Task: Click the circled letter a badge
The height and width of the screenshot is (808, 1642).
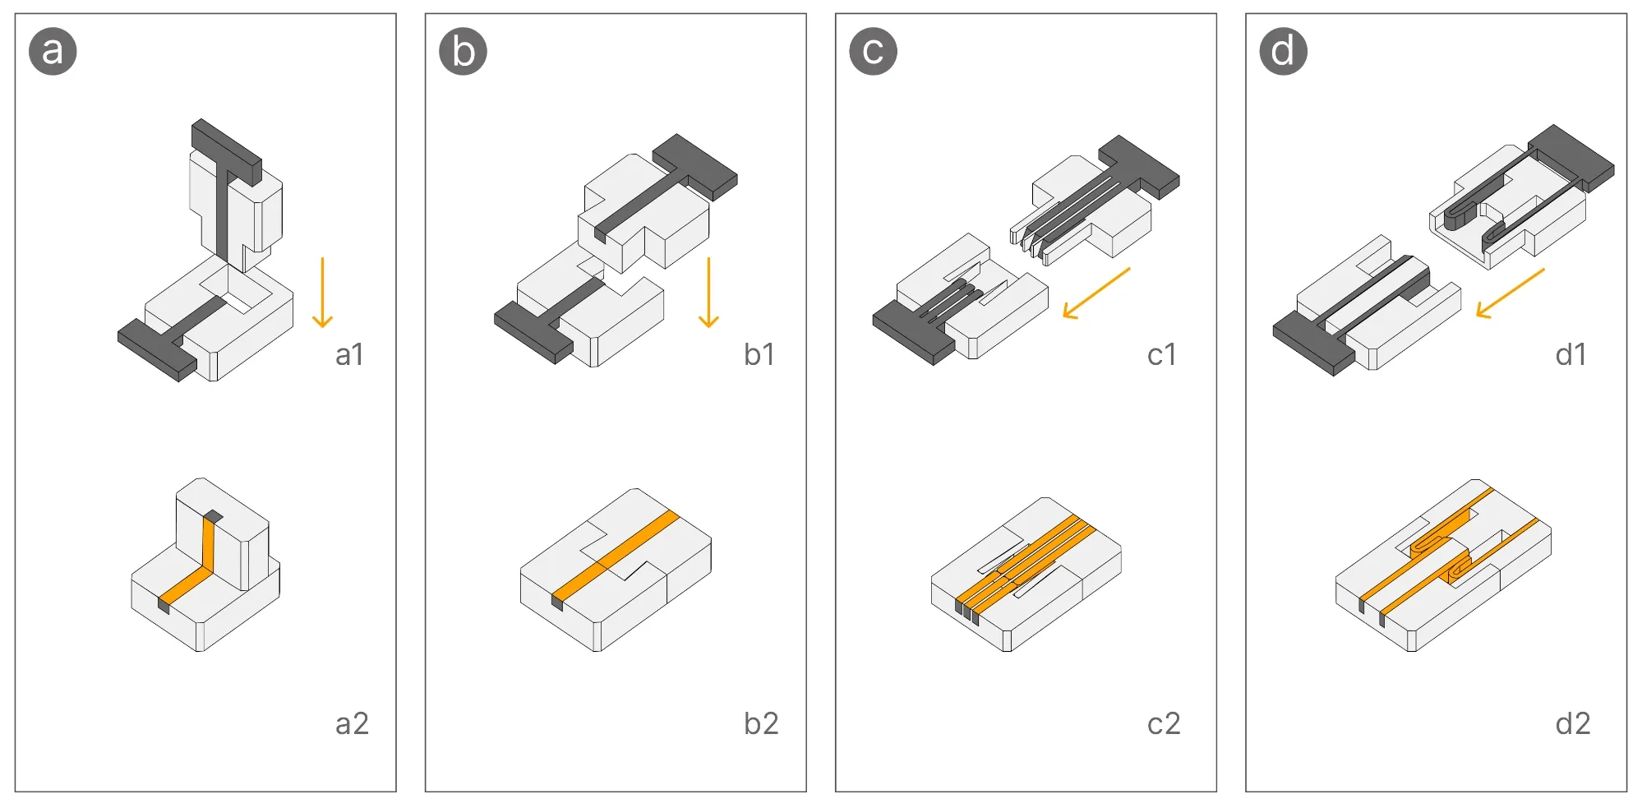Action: pos(53,51)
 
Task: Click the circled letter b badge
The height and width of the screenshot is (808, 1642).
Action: pos(463,51)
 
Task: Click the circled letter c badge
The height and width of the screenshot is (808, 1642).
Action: pos(873,51)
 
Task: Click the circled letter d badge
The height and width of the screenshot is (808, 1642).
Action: pos(1283,51)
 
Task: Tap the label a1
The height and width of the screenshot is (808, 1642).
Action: pos(349,354)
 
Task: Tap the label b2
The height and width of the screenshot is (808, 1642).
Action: pos(760,723)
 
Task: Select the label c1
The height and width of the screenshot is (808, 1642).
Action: pos(1162,354)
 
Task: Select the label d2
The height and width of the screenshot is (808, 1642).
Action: pos(1573,723)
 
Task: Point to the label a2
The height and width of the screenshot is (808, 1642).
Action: pos(352,723)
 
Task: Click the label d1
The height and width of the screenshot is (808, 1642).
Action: pos(1571,354)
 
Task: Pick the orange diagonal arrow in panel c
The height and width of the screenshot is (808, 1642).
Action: pos(1096,293)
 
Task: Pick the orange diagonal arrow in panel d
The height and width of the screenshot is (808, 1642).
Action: pos(1510,293)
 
